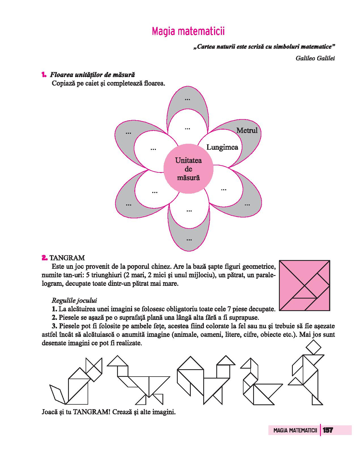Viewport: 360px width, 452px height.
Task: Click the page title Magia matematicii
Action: click(188, 31)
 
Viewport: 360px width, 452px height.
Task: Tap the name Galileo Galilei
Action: click(315, 58)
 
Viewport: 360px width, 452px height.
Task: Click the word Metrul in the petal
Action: click(247, 130)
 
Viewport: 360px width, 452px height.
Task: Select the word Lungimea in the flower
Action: click(222, 147)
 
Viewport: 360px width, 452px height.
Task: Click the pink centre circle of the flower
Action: click(188, 169)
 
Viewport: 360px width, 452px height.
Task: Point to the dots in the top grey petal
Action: click(187, 99)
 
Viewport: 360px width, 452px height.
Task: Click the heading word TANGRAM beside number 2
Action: click(67, 258)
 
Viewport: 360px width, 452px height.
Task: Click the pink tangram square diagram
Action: click(304, 285)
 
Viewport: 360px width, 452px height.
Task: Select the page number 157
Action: click(327, 430)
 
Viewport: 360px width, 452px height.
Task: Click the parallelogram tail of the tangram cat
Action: click(58, 394)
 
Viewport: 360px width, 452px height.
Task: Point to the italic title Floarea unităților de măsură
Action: click(92, 75)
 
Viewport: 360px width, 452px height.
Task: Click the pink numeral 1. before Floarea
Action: click(44, 75)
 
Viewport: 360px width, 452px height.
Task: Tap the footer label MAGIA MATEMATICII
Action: click(295, 430)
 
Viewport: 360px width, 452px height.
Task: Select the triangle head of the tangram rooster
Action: click(226, 360)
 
